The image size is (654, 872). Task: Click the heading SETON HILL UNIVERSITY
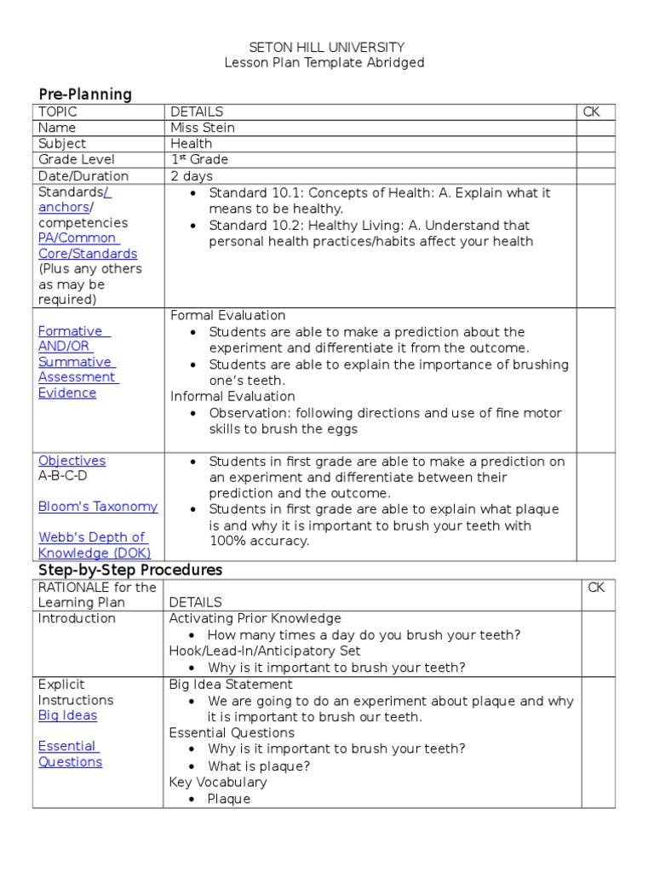point(326,48)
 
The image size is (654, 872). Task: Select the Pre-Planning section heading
point(85,94)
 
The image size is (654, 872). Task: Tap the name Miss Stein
point(203,128)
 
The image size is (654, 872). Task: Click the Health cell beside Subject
point(191,144)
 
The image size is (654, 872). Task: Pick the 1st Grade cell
point(199,159)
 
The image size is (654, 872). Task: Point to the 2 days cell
point(192,176)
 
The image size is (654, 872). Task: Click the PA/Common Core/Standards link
point(87,246)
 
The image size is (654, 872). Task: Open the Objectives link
point(72,461)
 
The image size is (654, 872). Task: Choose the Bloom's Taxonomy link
point(97,507)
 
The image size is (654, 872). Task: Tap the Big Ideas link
point(67,715)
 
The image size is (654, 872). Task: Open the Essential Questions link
point(70,754)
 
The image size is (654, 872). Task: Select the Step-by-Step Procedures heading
point(130,569)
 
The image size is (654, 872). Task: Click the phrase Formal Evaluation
point(228,316)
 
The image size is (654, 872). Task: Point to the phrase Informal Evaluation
point(232,396)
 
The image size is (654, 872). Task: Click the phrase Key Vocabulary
point(218,782)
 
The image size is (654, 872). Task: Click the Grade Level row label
point(77,159)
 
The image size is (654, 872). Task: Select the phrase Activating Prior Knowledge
point(255,618)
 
